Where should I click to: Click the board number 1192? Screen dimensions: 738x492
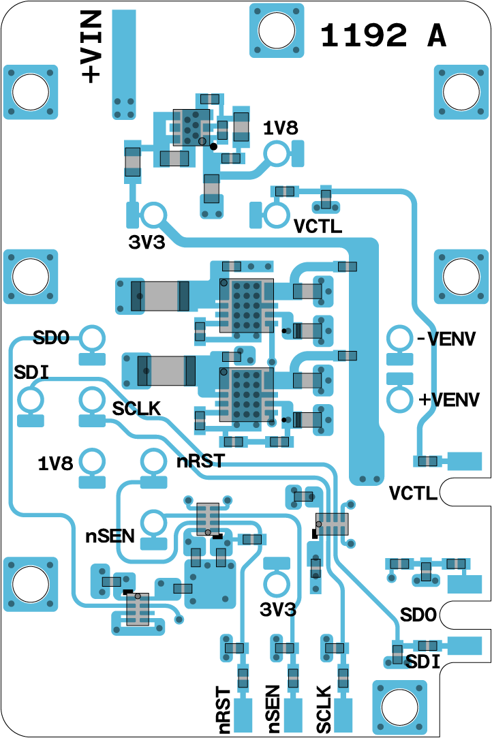pos(365,35)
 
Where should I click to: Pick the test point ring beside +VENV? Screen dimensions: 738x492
pos(399,400)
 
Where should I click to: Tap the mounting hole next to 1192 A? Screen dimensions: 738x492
pos(276,30)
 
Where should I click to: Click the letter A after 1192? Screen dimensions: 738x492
pos(437,35)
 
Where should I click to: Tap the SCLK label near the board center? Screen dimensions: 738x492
pos(136,409)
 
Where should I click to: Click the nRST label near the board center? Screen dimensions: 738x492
pos(200,461)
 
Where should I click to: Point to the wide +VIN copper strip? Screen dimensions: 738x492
pos(123,61)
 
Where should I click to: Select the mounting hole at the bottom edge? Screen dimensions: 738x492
pos(398,707)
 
